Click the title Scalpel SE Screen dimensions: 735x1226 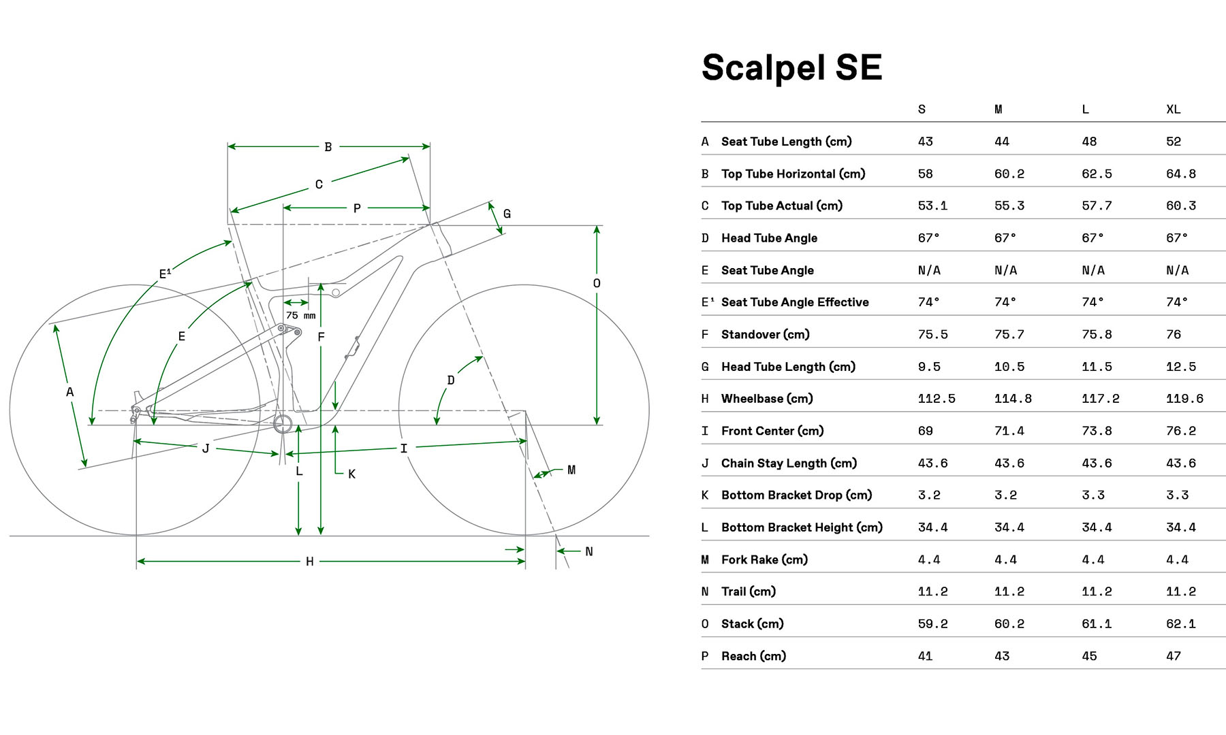pos(791,67)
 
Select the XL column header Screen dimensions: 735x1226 pos(1173,110)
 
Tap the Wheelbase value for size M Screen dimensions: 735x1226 pos(1013,399)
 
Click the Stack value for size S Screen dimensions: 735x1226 pos(932,624)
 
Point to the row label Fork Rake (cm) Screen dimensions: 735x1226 pos(764,559)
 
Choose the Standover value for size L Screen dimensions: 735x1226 pos(1097,335)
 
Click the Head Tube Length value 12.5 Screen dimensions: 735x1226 pos(1180,367)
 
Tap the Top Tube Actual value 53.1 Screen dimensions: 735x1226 pos(932,206)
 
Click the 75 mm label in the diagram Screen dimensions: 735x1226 pos(300,316)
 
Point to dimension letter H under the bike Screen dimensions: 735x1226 pos(310,561)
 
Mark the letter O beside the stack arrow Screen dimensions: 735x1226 pos(597,283)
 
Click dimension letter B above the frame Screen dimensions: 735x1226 pos(328,147)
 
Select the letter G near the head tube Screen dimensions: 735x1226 pos(507,214)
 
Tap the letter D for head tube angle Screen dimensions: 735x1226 pos(451,380)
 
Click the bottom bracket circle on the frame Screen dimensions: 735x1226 pos(283,424)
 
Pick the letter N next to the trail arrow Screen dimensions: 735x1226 pos(589,551)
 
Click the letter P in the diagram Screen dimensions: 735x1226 pos(357,208)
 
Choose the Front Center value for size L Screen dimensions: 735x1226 pos(1097,431)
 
